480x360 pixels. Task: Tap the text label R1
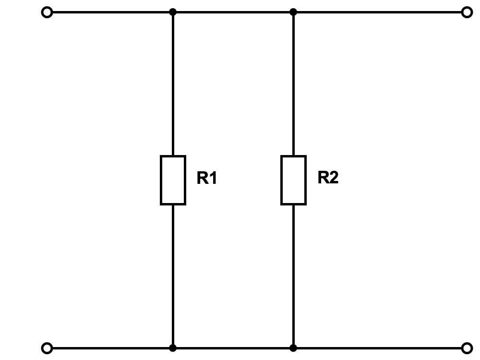(x=207, y=178)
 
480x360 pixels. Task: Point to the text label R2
(x=328, y=177)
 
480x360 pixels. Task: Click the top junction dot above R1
(x=173, y=12)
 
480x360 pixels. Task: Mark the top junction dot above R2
(x=293, y=12)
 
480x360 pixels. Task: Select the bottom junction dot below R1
(x=173, y=348)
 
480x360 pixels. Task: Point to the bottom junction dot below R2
(x=293, y=348)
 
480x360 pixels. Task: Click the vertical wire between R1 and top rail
(x=173, y=84)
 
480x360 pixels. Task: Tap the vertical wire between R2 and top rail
(x=294, y=84)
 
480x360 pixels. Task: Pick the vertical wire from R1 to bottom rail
(x=173, y=276)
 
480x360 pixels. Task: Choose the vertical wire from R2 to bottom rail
(x=294, y=276)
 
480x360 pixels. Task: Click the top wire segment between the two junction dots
(x=233, y=12)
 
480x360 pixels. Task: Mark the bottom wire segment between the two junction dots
(x=233, y=348)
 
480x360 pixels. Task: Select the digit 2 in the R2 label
(x=334, y=177)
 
